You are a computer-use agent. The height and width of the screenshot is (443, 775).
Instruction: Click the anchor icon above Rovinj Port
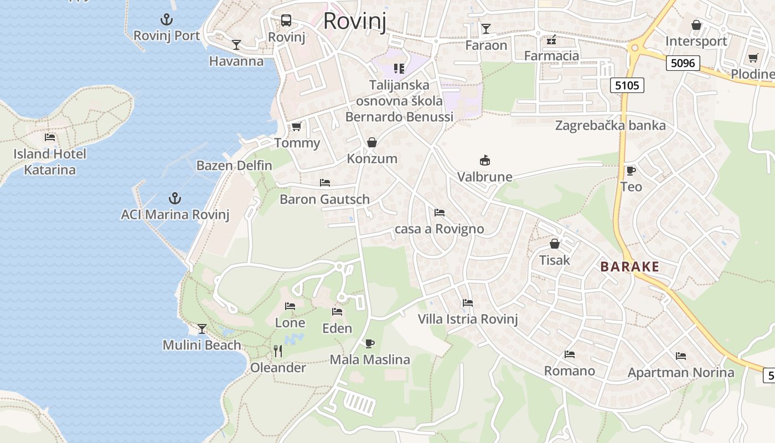(166, 20)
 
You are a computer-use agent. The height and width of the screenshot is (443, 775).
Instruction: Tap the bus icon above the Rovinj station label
(286, 21)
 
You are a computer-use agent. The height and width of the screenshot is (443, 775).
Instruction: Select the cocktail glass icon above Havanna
(236, 45)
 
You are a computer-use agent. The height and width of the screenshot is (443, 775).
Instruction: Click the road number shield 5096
(682, 63)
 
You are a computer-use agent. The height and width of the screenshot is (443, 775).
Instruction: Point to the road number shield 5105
(627, 85)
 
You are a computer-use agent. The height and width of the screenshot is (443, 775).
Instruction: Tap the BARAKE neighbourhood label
(630, 266)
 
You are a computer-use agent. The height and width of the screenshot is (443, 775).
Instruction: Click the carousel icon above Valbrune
(485, 161)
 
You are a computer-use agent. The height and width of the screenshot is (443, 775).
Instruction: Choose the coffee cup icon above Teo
(631, 171)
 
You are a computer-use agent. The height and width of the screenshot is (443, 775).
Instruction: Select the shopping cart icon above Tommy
(297, 127)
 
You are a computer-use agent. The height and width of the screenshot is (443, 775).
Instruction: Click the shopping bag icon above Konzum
(372, 142)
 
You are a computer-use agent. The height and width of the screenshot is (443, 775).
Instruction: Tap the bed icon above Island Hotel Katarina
(50, 137)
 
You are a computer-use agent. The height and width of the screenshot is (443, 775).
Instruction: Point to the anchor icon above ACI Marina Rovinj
(175, 198)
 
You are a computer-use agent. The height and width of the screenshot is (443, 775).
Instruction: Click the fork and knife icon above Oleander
(278, 351)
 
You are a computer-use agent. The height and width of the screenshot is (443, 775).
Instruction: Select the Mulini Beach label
(201, 345)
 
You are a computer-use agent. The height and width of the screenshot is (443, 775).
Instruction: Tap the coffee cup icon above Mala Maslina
(370, 343)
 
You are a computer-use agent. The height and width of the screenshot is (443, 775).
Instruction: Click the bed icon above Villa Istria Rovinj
(468, 303)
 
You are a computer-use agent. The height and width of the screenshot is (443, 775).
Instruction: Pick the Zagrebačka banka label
(610, 125)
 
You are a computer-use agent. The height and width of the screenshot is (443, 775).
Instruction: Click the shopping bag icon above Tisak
(555, 244)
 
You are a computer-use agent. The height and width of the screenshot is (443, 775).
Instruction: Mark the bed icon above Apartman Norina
(681, 356)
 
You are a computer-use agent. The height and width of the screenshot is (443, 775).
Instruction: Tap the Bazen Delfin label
(234, 165)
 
